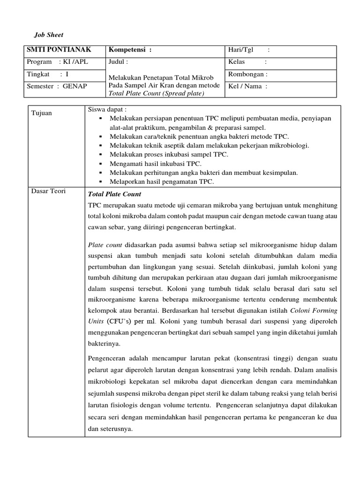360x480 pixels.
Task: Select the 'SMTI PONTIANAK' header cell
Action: click(x=59, y=50)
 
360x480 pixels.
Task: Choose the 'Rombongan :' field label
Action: click(x=247, y=74)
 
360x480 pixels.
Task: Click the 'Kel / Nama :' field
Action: click(x=247, y=86)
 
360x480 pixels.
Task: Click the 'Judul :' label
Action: click(x=118, y=62)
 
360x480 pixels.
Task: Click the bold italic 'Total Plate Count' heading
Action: click(x=114, y=194)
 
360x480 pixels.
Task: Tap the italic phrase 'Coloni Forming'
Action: click(x=314, y=310)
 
